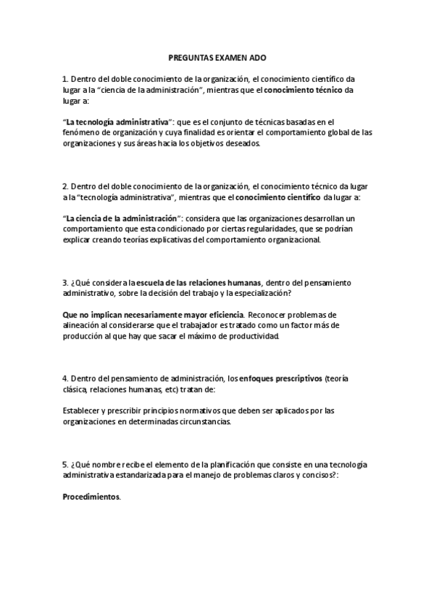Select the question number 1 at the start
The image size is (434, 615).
(x=64, y=78)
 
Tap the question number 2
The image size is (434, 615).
(x=64, y=186)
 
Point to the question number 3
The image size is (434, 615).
(x=64, y=283)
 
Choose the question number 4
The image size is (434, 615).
(x=64, y=379)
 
